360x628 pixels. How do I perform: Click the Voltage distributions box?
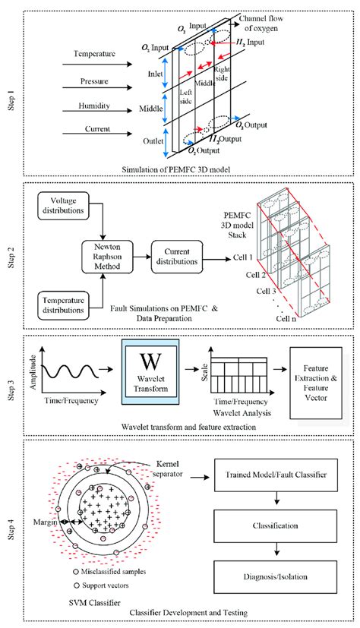[63, 206]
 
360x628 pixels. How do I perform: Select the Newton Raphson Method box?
[107, 257]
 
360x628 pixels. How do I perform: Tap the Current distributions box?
[177, 257]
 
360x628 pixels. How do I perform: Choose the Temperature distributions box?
[63, 305]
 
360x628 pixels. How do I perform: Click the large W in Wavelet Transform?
[150, 361]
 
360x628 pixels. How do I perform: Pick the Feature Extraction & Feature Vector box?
[315, 383]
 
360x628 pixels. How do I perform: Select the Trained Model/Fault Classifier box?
[276, 475]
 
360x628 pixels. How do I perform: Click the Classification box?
[276, 526]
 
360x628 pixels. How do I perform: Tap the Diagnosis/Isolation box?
[276, 576]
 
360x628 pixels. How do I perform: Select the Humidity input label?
[94, 106]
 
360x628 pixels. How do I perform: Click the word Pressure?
[94, 81]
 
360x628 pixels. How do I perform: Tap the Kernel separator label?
[167, 469]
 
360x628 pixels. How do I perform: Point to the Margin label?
[45, 522]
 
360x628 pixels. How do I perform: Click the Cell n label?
[286, 319]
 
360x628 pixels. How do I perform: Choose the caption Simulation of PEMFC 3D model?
[176, 169]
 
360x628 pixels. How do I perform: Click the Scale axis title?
[205, 372]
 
